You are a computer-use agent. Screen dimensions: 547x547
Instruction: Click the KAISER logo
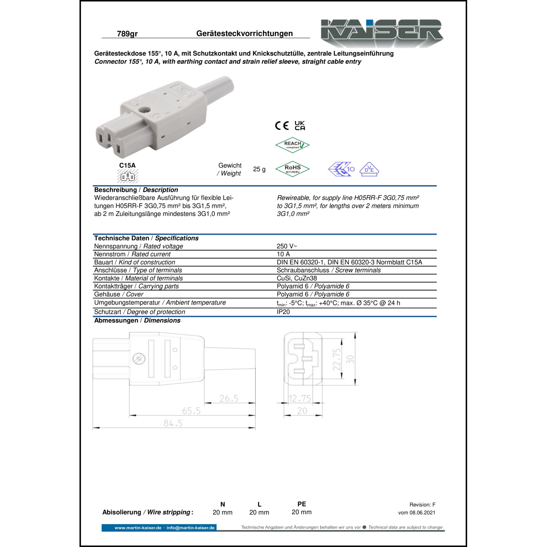(381, 33)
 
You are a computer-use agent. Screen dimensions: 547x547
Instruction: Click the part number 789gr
(127, 34)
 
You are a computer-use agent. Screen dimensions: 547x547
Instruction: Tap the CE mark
(282, 126)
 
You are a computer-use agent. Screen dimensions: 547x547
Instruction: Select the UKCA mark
(300, 125)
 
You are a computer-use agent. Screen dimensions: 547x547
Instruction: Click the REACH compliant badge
(292, 145)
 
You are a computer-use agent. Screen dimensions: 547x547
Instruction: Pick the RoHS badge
(292, 169)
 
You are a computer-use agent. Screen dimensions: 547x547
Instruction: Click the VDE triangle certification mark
(369, 169)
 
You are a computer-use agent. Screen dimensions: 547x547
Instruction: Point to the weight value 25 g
(259, 169)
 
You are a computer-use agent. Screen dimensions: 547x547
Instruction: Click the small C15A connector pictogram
(128, 177)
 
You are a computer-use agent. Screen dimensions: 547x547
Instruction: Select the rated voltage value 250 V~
(287, 246)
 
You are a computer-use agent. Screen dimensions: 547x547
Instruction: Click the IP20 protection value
(283, 312)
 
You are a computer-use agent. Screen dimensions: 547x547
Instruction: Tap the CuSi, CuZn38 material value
(297, 278)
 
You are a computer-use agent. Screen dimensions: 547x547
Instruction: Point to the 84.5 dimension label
(173, 423)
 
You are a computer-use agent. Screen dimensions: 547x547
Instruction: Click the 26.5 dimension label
(229, 399)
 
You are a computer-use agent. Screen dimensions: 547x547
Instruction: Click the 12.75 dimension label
(300, 399)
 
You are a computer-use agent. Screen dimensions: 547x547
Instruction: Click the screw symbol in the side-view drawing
(139, 359)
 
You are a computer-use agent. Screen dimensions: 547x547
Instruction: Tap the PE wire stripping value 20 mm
(302, 512)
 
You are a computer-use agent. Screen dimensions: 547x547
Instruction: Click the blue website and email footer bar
(159, 528)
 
